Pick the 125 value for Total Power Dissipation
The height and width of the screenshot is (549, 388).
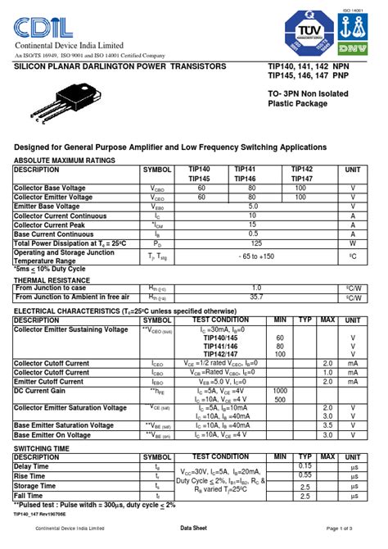(256, 243)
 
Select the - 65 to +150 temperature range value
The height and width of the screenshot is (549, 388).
(256, 256)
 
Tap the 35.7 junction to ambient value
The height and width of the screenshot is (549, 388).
(256, 297)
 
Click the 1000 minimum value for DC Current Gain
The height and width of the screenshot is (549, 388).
(280, 391)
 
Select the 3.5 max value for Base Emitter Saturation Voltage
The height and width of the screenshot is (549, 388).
(327, 425)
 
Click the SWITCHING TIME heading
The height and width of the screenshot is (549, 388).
(42, 449)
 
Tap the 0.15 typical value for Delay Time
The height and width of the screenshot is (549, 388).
(305, 465)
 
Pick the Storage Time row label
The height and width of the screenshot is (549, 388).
(37, 486)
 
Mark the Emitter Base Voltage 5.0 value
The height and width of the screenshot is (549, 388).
(256, 206)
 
